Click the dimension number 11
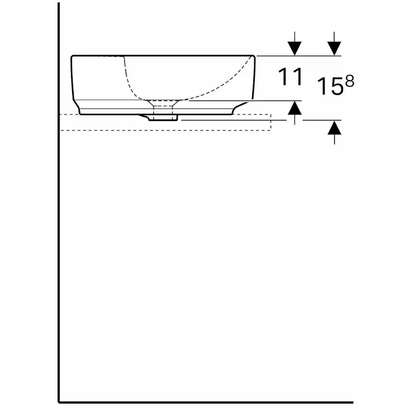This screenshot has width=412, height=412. click(290, 77)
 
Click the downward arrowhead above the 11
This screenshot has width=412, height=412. click(295, 48)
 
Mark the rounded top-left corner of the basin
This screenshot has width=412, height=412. click(73, 58)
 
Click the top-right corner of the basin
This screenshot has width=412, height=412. click(254, 57)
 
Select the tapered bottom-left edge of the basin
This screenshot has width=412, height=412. click(80, 106)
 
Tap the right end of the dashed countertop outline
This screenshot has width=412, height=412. click(270, 122)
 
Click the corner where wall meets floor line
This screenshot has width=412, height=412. click(59, 402)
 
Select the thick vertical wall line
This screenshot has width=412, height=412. click(59, 224)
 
